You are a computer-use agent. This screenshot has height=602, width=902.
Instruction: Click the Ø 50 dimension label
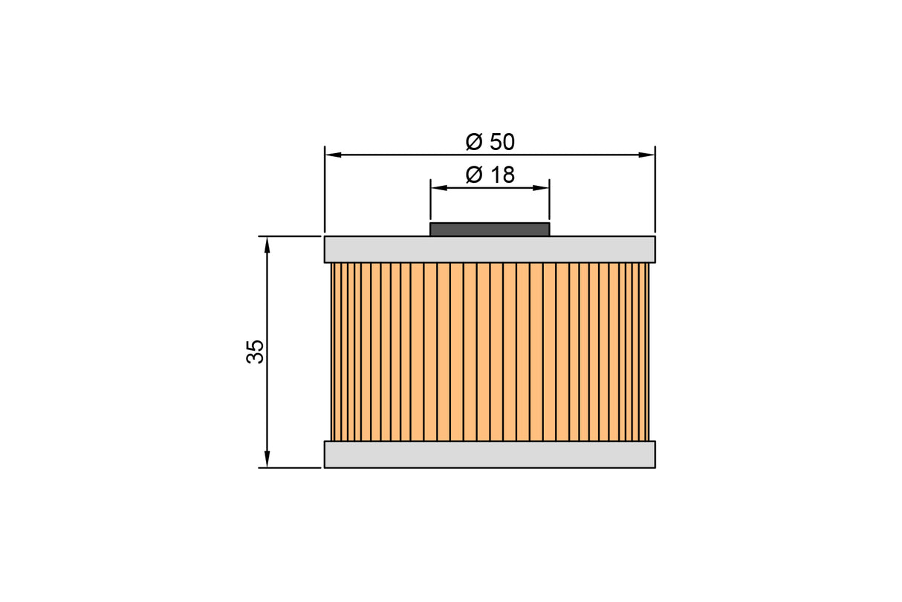[x=490, y=142]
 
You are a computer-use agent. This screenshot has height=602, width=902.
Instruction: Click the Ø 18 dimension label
[x=490, y=175]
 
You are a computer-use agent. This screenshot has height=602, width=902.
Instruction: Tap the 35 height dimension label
[x=255, y=352]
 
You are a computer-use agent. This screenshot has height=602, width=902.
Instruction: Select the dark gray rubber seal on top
[x=490, y=230]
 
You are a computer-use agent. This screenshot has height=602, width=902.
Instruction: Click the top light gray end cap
[x=490, y=250]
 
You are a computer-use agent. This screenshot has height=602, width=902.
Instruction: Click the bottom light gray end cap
[x=490, y=455]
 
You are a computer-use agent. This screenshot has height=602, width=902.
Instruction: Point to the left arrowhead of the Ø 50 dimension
[x=333, y=155]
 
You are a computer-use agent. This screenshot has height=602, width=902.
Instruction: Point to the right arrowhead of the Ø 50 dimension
[x=646, y=155]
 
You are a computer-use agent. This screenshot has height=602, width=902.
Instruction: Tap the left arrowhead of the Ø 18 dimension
[x=439, y=188]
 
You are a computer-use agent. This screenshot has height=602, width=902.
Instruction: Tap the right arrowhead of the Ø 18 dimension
[x=541, y=188]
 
